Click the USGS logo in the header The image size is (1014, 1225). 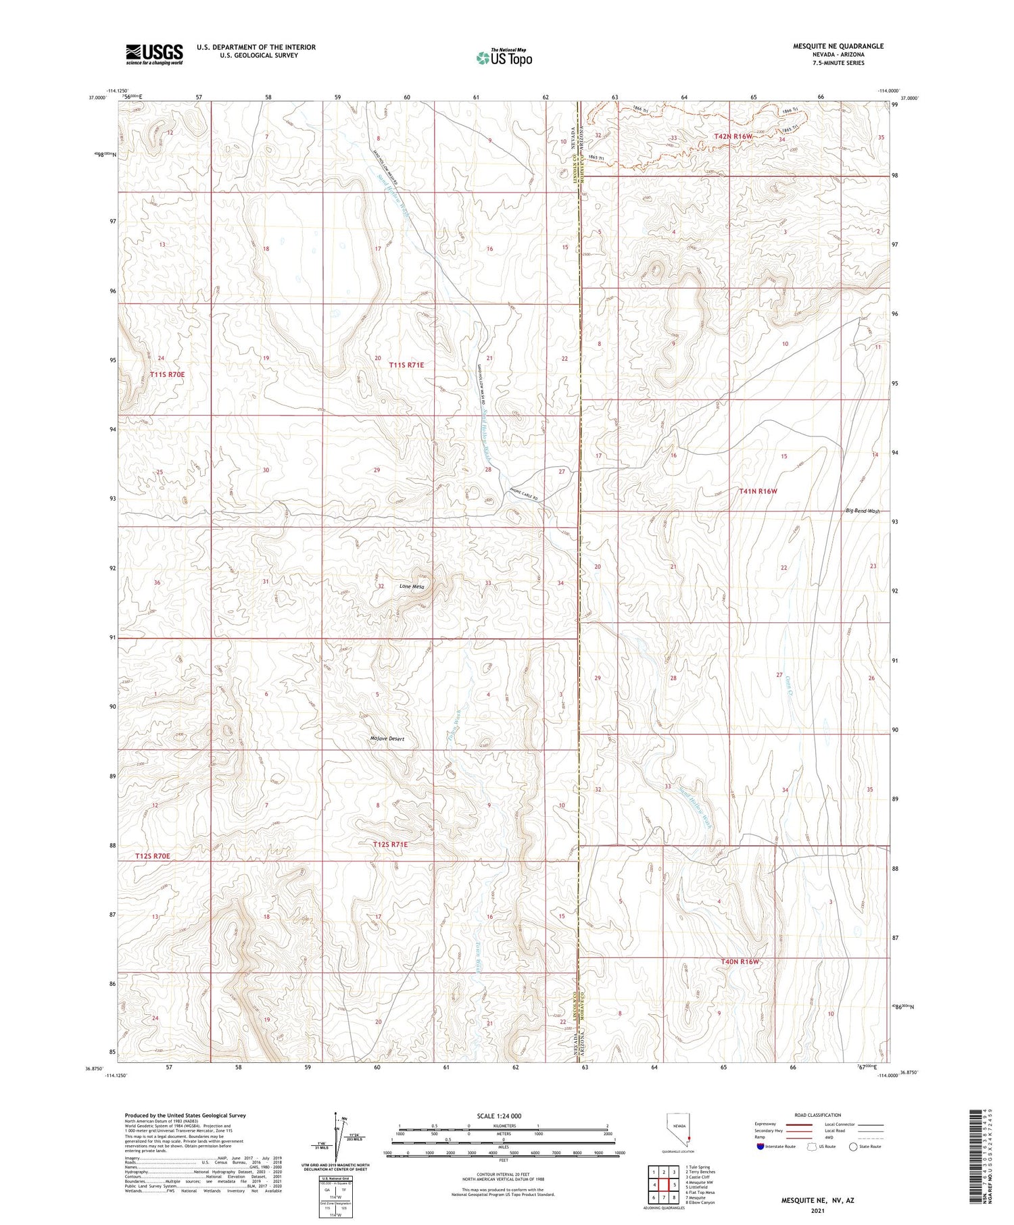tap(154, 54)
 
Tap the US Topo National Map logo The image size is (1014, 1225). tap(504, 57)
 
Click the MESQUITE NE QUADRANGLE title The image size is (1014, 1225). tap(838, 46)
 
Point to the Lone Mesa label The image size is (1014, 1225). tap(412, 586)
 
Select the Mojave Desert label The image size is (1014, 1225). tap(387, 739)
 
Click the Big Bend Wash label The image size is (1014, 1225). tap(863, 511)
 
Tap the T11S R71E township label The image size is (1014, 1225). tap(406, 365)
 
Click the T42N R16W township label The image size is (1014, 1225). tap(733, 136)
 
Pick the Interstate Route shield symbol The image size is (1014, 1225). tap(760, 1147)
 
